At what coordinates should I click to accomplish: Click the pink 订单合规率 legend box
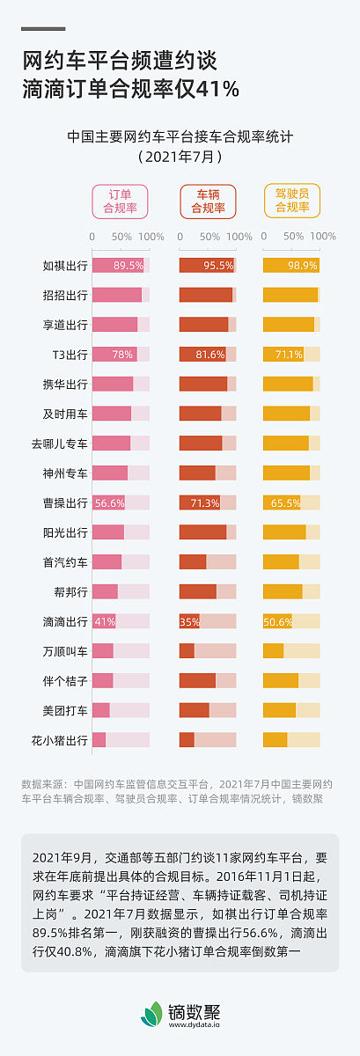click(x=121, y=202)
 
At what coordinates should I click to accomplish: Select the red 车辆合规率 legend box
click(x=209, y=202)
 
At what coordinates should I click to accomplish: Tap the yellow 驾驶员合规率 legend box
click(x=292, y=202)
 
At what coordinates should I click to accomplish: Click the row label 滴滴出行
click(x=66, y=621)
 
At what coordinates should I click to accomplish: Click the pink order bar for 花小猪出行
click(x=99, y=740)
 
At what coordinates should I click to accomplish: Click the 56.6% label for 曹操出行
click(x=109, y=502)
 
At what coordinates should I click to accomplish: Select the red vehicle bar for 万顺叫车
click(x=187, y=651)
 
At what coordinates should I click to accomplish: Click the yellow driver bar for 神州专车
click(x=286, y=473)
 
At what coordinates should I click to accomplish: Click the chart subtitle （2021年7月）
click(x=180, y=158)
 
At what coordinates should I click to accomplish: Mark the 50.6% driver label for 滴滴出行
click(x=277, y=621)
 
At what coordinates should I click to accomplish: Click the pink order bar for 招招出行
click(x=116, y=295)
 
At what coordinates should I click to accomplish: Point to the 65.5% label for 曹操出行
click(x=286, y=502)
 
